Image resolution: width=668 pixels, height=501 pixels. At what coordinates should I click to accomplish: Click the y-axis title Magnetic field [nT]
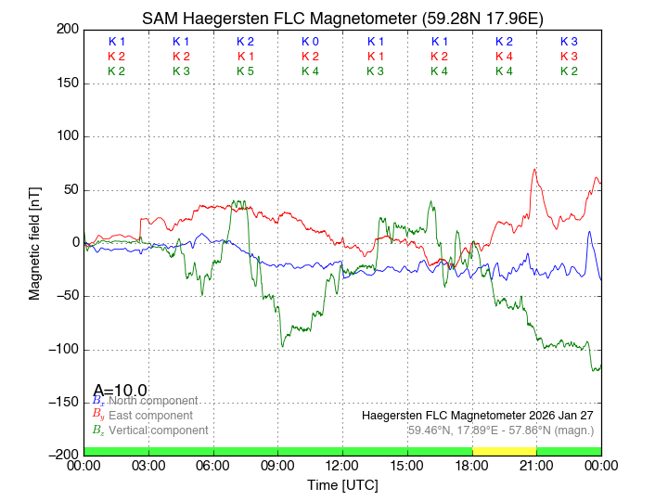point(34,241)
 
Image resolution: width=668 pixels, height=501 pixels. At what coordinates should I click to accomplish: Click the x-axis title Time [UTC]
point(342,485)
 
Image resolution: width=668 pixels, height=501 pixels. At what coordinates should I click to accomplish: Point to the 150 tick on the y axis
point(66,83)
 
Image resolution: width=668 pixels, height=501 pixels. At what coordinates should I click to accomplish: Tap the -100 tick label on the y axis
point(61,349)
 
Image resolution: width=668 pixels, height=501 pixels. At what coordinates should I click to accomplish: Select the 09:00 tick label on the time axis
point(278,466)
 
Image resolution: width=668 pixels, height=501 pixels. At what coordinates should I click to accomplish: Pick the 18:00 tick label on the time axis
point(472,466)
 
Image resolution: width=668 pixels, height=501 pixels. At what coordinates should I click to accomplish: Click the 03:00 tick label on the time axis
point(148,466)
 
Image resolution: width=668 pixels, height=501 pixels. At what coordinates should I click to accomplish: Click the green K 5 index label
point(245,71)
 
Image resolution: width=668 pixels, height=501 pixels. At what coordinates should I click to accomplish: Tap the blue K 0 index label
point(310,42)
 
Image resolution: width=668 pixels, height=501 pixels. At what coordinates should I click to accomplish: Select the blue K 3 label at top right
point(569,42)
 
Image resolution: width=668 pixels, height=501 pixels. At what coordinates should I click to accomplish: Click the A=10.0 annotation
point(120,391)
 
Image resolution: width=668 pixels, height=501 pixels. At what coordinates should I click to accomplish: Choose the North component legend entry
point(149,401)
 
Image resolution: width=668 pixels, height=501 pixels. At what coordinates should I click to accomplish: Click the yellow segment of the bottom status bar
point(504,451)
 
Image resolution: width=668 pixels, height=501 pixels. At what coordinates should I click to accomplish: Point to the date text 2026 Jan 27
point(556,415)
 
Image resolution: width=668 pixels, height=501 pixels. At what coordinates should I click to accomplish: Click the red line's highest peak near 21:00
point(534,170)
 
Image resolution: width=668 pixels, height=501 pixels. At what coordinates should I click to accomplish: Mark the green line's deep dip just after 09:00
point(283,346)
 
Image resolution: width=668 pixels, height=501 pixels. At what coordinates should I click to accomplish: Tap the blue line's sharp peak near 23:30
point(589,232)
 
